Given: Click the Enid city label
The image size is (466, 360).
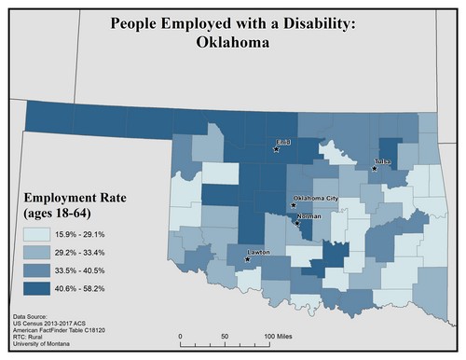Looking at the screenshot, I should pyautogui.click(x=283, y=143).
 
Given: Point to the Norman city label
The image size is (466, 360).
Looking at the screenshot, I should pyautogui.click(x=309, y=216).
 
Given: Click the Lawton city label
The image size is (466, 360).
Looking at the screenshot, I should pyautogui.click(x=261, y=252).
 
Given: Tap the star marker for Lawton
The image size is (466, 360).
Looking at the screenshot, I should pyautogui.click(x=247, y=258).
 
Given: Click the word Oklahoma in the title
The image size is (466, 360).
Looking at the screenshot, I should pyautogui.click(x=232, y=42).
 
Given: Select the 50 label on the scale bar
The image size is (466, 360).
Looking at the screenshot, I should pyautogui.click(x=225, y=336).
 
